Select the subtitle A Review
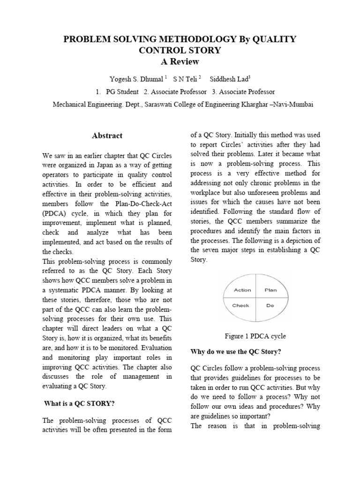pyautogui.click(x=180, y=61)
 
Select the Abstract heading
pyautogui.click(x=107, y=136)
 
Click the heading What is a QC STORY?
pyautogui.click(x=79, y=403)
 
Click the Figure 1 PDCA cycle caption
pyautogui.click(x=255, y=336)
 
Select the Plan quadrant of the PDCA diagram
pyautogui.click(x=270, y=290)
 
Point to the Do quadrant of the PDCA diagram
pyautogui.click(x=270, y=306)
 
